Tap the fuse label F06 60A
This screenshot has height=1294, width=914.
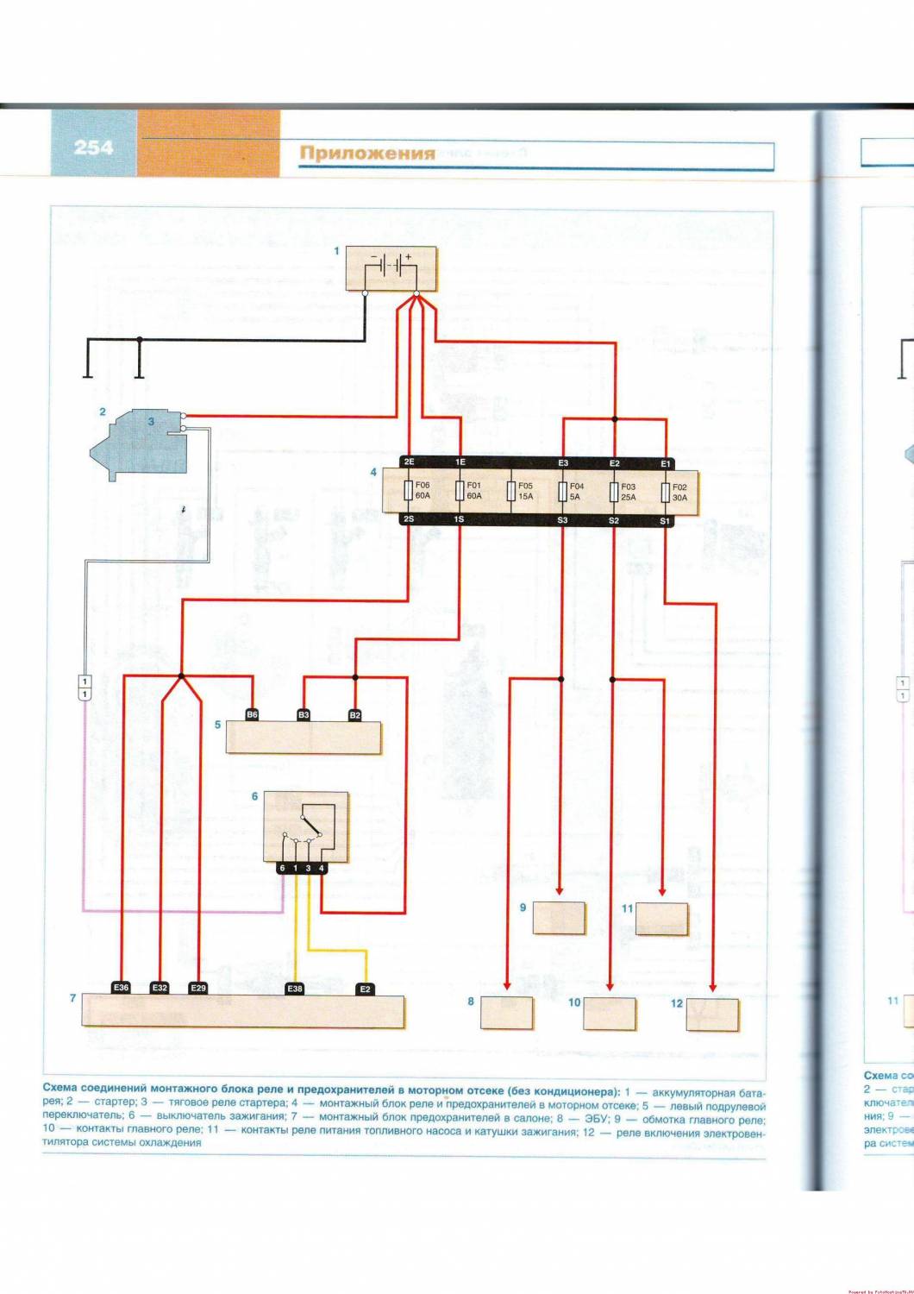tap(423, 491)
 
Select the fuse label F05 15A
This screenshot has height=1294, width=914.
tap(525, 491)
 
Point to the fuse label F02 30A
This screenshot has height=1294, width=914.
tap(679, 491)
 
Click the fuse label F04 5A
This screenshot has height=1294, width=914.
tap(576, 491)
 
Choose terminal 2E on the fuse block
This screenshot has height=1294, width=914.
tap(409, 463)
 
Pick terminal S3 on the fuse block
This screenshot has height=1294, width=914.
tap(562, 520)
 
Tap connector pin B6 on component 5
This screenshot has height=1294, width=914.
tap(252, 714)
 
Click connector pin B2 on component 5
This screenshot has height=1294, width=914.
tap(355, 714)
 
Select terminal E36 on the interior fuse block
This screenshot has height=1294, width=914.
tap(121, 987)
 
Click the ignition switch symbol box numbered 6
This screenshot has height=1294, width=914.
tap(305, 826)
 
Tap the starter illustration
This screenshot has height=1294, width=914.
tap(138, 443)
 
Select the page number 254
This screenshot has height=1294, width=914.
tap(93, 148)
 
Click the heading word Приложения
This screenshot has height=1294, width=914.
tap(367, 154)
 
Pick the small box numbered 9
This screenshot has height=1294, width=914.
tap(559, 918)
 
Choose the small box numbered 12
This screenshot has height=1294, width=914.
tap(712, 1014)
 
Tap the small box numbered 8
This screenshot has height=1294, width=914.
tap(506, 1013)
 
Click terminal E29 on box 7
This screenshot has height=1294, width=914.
tap(198, 987)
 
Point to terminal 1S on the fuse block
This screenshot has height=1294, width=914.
tap(459, 520)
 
